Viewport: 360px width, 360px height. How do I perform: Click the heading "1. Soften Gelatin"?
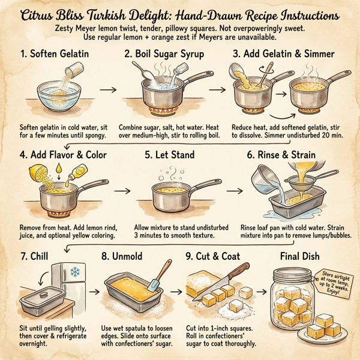click(56, 54)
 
